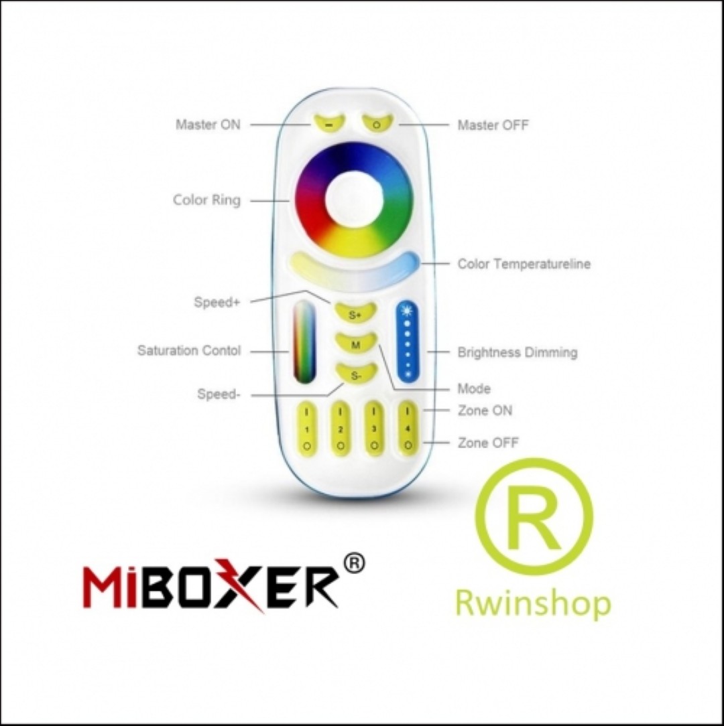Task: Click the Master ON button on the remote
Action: pos(328,123)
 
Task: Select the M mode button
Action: pos(356,344)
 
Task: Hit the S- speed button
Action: pos(356,374)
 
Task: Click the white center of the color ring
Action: pos(354,199)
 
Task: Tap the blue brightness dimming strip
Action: pos(408,342)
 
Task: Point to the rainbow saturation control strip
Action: pos(304,342)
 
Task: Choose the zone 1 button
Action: pos(306,429)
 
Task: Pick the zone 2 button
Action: pos(341,429)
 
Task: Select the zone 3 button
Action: pos(374,429)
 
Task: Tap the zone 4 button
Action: pos(408,429)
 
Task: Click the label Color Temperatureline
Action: pos(524,264)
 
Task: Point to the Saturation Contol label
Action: pos(189,350)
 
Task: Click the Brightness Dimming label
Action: pos(518,352)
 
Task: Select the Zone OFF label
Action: pos(488,443)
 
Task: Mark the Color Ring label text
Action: pos(206,200)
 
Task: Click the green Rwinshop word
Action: pos(534,603)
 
